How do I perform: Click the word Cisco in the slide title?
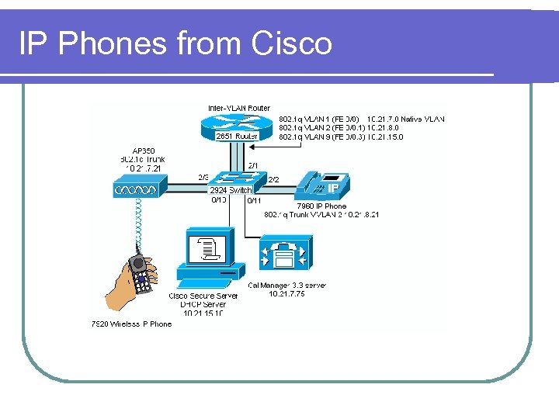click(292, 43)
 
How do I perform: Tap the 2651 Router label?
click(237, 137)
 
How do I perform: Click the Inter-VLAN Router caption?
click(239, 108)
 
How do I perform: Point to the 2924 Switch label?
click(231, 190)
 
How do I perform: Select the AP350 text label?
click(144, 151)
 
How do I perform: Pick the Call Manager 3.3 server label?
click(287, 286)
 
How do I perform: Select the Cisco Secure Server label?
click(203, 296)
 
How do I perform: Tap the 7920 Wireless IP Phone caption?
click(131, 324)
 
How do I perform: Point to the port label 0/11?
click(253, 201)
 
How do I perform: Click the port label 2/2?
click(273, 180)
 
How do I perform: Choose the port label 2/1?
click(253, 165)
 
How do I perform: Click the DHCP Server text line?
click(203, 305)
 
